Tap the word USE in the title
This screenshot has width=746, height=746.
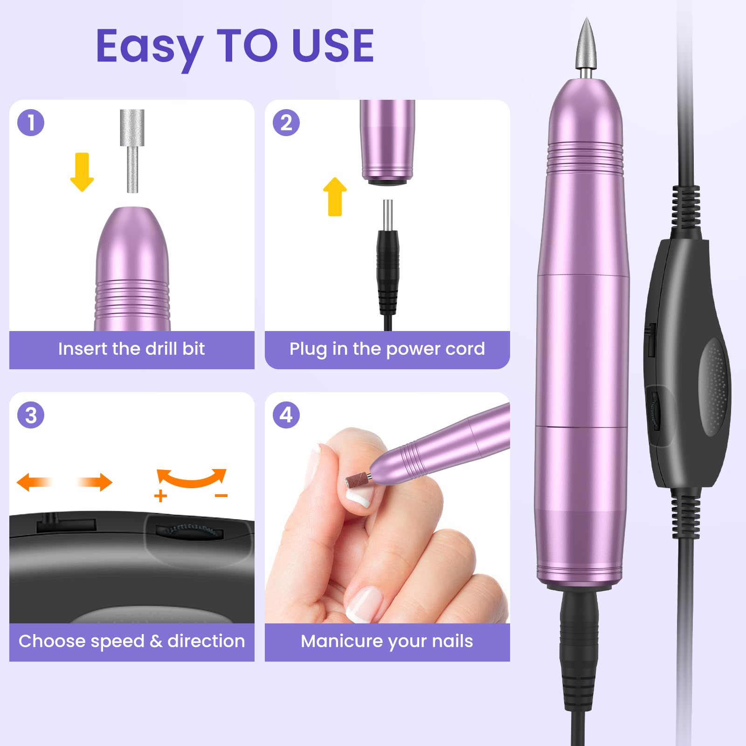coord(333,45)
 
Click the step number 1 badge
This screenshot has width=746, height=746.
coord(31,123)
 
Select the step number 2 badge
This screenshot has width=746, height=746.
coord(286,123)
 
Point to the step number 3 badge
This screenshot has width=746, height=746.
coord(31,415)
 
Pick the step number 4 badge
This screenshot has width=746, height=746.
coord(286,415)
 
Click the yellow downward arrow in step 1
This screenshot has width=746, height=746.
coord(82,172)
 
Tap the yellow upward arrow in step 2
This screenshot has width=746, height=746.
coord(335,196)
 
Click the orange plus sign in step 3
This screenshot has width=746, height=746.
coord(160,496)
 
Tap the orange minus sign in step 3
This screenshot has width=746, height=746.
coord(221,496)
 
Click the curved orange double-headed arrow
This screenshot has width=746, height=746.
coord(192,480)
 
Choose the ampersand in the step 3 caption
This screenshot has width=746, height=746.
coord(156,641)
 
